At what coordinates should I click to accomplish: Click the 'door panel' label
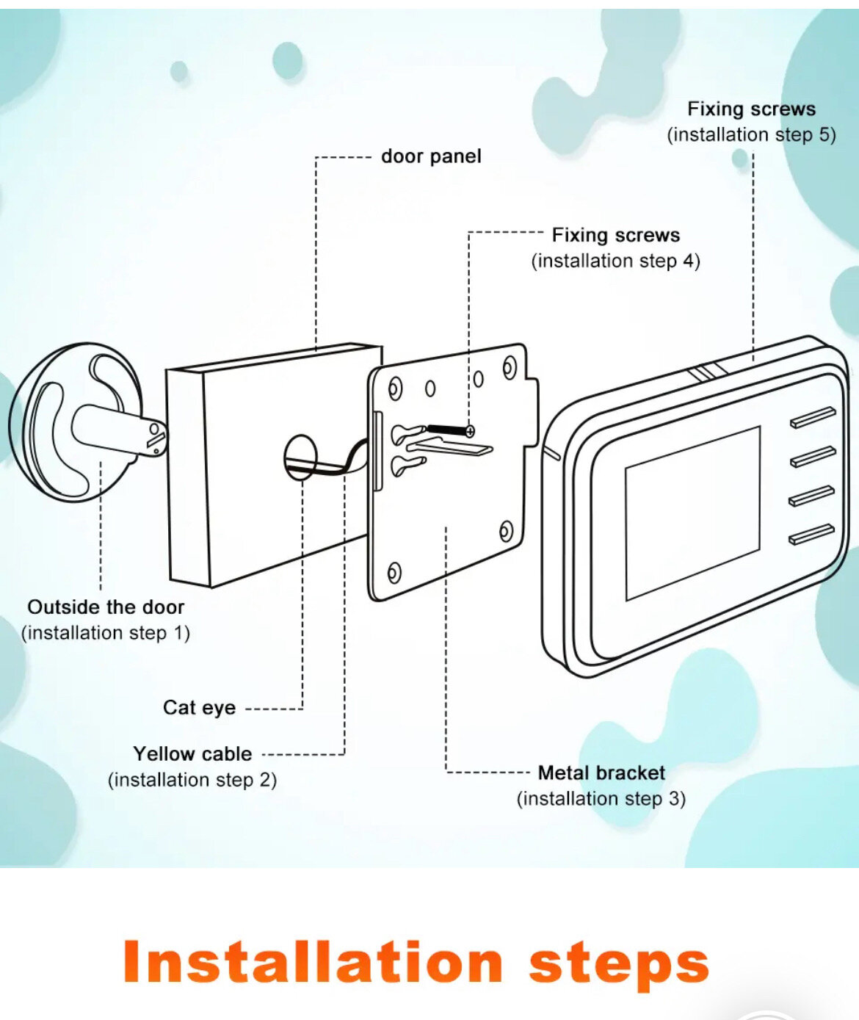tap(431, 156)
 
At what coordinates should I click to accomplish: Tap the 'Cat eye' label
tap(199, 708)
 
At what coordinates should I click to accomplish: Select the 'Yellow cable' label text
tap(192, 754)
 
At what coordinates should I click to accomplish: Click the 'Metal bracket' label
tap(601, 773)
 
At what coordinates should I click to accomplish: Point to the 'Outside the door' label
tap(106, 607)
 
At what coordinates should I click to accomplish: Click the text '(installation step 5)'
tap(751, 135)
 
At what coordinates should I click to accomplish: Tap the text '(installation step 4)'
tap(615, 261)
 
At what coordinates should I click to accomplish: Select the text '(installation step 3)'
tap(601, 799)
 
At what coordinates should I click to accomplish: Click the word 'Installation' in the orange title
tap(313, 963)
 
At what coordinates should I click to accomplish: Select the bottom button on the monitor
tap(811, 534)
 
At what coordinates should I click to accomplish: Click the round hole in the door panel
tap(300, 457)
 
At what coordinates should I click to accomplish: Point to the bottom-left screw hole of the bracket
tap(394, 572)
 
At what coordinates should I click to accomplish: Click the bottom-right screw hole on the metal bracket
tap(506, 530)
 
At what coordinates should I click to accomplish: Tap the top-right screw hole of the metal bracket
tap(510, 368)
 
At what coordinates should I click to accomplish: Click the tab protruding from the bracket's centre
tap(449, 447)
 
